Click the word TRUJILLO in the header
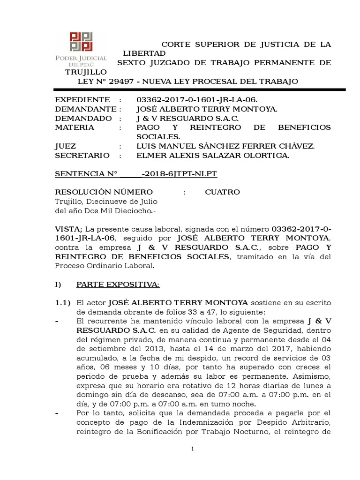(86, 72)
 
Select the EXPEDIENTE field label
(82, 100)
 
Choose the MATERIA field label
(75, 127)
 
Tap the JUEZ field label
(66, 146)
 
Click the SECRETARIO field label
(82, 156)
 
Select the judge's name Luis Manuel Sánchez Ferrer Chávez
(225, 146)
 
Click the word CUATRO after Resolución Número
(222, 192)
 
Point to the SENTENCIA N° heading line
(136, 174)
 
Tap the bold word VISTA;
(69, 229)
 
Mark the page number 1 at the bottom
(192, 450)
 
